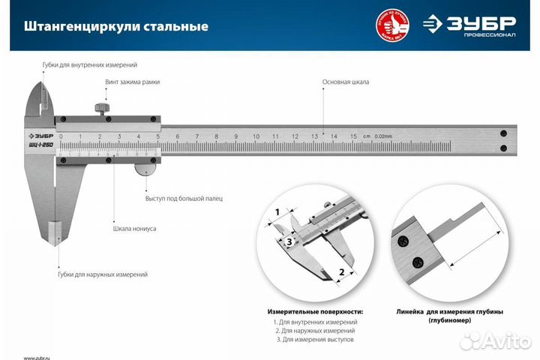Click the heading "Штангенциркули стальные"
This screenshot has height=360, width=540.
tap(116, 26)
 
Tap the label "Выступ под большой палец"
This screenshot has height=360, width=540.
tap(183, 198)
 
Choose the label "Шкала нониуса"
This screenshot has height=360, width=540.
tap(134, 228)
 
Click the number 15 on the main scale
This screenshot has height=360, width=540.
tap(352, 136)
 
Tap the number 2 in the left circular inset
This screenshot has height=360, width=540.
tap(341, 272)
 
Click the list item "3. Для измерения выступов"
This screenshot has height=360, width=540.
tap(314, 340)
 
